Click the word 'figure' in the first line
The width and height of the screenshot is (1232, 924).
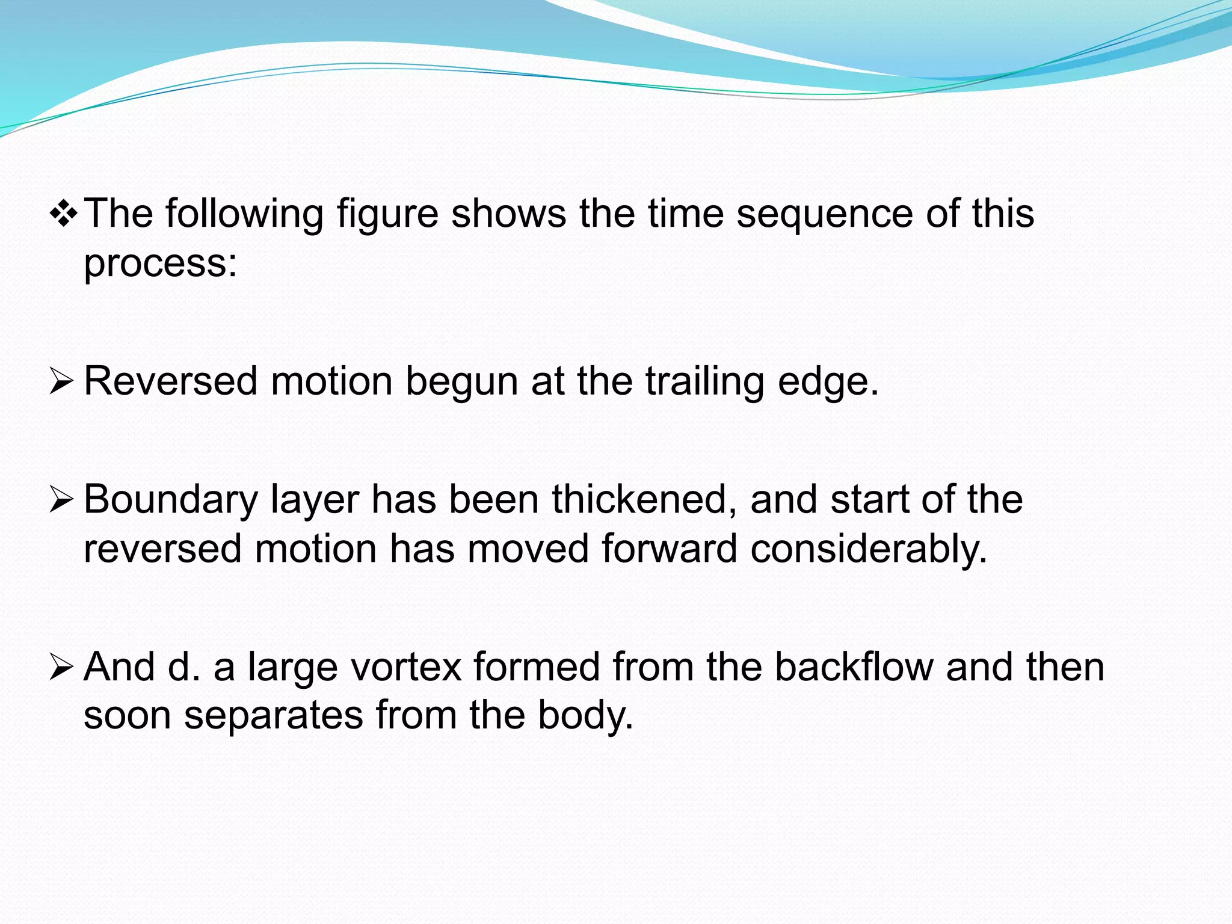[387, 215]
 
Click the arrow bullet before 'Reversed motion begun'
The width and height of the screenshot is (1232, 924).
[61, 382]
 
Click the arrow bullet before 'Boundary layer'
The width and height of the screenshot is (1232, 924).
[61, 500]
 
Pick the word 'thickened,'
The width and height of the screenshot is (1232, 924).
[644, 500]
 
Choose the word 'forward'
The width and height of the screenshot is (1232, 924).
[669, 549]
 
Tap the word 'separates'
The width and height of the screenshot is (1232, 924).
[273, 716]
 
